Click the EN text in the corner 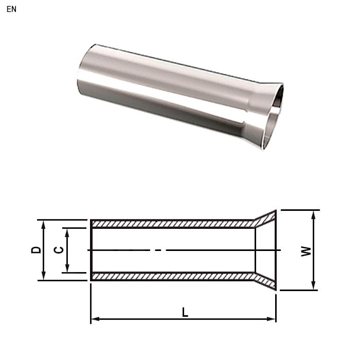click(x=11, y=9)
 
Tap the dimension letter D click(x=36, y=250)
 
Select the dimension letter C click(x=59, y=250)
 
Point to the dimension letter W click(x=306, y=251)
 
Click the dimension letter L click(x=185, y=313)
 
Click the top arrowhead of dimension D click(x=43, y=225)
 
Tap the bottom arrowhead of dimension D click(x=43, y=276)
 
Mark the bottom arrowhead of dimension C click(x=67, y=268)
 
